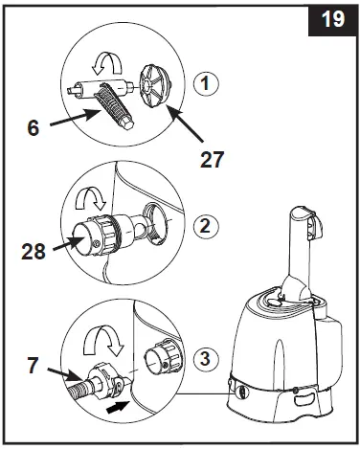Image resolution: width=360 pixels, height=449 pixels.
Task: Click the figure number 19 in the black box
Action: (x=333, y=19)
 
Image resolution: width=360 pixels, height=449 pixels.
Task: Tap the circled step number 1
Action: (x=206, y=83)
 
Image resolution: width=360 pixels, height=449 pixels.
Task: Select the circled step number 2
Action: (x=206, y=226)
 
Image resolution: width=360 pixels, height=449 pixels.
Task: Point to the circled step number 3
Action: (x=206, y=358)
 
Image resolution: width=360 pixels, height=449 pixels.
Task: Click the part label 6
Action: (x=34, y=127)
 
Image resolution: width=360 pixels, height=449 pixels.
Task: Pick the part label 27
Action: (x=212, y=159)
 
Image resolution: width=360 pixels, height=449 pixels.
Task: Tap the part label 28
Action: (x=34, y=251)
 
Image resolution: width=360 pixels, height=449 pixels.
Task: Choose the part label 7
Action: (x=34, y=366)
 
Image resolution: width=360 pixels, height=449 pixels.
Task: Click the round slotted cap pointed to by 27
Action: (x=155, y=86)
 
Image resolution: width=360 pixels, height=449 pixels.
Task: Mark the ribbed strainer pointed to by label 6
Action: (x=115, y=105)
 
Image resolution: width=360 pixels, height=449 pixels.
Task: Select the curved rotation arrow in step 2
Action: (x=91, y=200)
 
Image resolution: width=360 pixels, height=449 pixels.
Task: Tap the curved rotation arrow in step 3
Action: (x=103, y=340)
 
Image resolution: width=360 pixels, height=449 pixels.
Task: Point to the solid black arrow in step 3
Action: (x=117, y=407)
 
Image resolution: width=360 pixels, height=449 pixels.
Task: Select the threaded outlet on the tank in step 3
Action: (x=164, y=356)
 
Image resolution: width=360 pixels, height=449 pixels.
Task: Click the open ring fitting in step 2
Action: (x=156, y=223)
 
